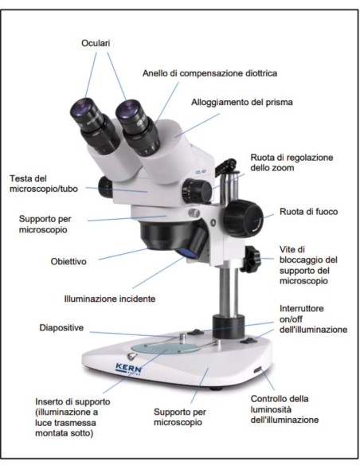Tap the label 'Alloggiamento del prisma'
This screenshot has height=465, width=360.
pos(241,103)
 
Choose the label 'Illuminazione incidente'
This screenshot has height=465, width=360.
pos(109,299)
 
